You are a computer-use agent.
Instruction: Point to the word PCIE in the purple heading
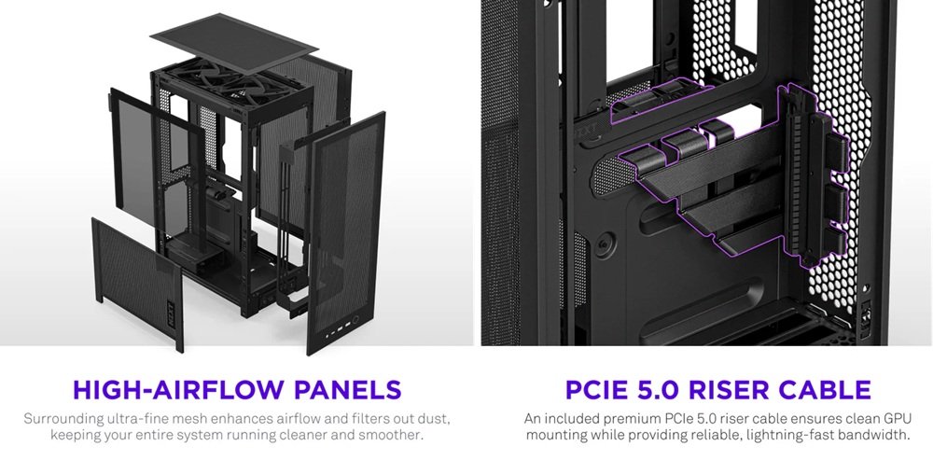590,389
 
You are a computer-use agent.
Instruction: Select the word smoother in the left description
391,435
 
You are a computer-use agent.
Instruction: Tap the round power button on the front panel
355,319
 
